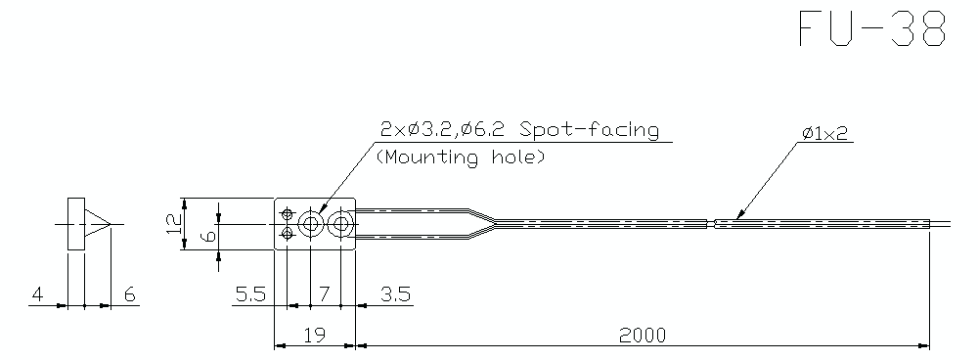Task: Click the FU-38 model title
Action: (873, 29)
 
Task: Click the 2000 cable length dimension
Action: (642, 335)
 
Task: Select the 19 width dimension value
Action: (313, 335)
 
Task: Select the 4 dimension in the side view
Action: (37, 293)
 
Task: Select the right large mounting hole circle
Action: (341, 225)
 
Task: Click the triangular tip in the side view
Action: (96, 225)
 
